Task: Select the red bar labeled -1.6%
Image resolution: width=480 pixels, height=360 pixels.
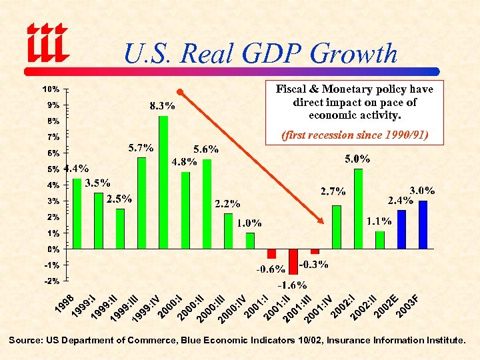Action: click(x=293, y=261)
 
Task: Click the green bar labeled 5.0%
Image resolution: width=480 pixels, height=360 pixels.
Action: click(x=358, y=209)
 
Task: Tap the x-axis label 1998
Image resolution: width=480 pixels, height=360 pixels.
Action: click(x=64, y=304)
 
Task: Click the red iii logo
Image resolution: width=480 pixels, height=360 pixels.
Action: click(x=48, y=41)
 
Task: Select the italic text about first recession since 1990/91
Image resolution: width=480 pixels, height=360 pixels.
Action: click(x=354, y=135)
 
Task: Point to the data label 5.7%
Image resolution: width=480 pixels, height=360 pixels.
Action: click(x=141, y=147)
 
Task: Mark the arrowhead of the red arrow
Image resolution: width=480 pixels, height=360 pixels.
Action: click(x=321, y=221)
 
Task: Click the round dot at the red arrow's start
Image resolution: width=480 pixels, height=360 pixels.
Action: click(x=179, y=91)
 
